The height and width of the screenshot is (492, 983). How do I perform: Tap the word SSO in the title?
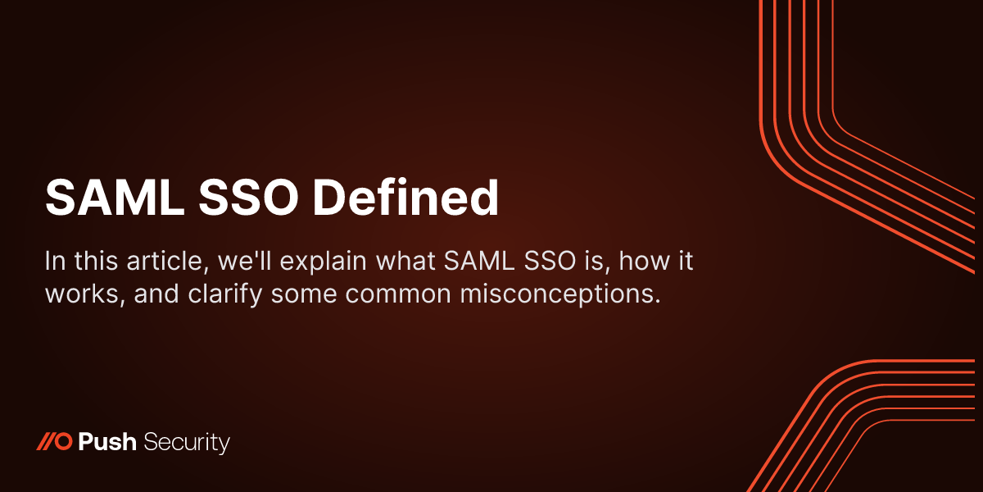point(238,198)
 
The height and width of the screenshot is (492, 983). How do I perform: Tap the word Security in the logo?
point(187,444)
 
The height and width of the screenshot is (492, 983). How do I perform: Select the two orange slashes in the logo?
point(46,444)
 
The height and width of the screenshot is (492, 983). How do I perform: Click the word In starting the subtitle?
point(54,263)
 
